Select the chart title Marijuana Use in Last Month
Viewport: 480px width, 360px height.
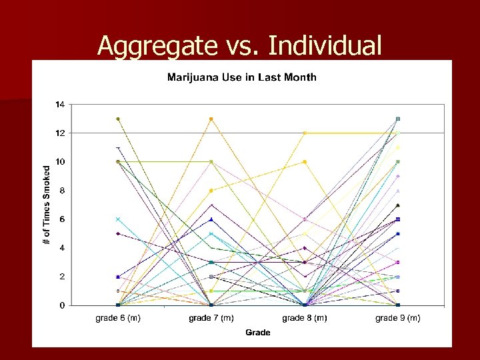click(241, 77)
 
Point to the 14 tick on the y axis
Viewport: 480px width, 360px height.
click(60, 105)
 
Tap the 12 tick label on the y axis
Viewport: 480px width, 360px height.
click(60, 133)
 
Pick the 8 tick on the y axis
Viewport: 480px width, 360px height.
click(62, 191)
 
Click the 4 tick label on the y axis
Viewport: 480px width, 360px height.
click(62, 248)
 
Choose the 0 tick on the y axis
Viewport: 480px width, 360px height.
click(62, 305)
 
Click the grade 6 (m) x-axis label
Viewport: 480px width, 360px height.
click(118, 318)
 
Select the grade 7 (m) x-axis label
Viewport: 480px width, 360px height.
click(211, 318)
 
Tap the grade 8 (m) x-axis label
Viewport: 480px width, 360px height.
click(305, 318)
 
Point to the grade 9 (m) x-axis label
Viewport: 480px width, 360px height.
click(398, 318)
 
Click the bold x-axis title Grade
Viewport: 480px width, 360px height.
click(258, 332)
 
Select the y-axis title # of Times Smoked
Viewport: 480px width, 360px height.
click(47, 205)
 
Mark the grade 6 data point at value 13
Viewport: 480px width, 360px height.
click(118, 119)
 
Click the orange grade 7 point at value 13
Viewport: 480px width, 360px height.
click(211, 119)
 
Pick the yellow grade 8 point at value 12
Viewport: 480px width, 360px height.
click(305, 133)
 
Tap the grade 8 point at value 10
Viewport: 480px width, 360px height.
click(305, 162)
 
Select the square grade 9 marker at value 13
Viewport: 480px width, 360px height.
click(398, 119)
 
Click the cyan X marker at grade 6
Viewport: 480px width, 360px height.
click(118, 219)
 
